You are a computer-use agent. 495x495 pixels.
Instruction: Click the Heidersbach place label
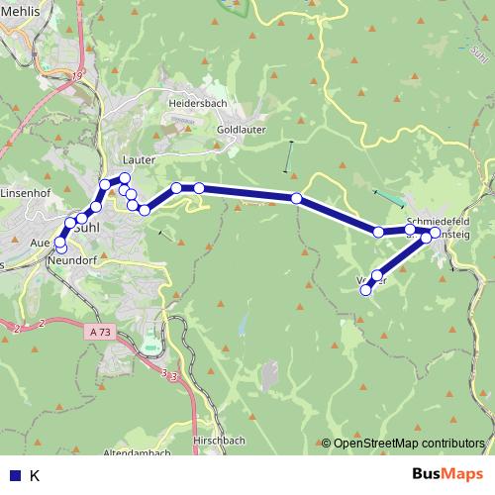(x=198, y=103)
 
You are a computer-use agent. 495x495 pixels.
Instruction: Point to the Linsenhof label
(x=26, y=192)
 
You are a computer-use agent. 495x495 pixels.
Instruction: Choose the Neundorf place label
(x=69, y=260)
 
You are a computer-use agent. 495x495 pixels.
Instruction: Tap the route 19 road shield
(x=78, y=75)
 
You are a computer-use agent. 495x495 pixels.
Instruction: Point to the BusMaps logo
(x=448, y=474)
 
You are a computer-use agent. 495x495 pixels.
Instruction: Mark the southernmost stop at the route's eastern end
(x=366, y=290)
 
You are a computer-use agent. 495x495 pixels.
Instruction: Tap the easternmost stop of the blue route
(x=435, y=233)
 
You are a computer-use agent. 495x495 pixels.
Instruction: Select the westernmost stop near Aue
(x=60, y=242)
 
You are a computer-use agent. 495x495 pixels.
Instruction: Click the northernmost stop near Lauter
(x=125, y=178)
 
